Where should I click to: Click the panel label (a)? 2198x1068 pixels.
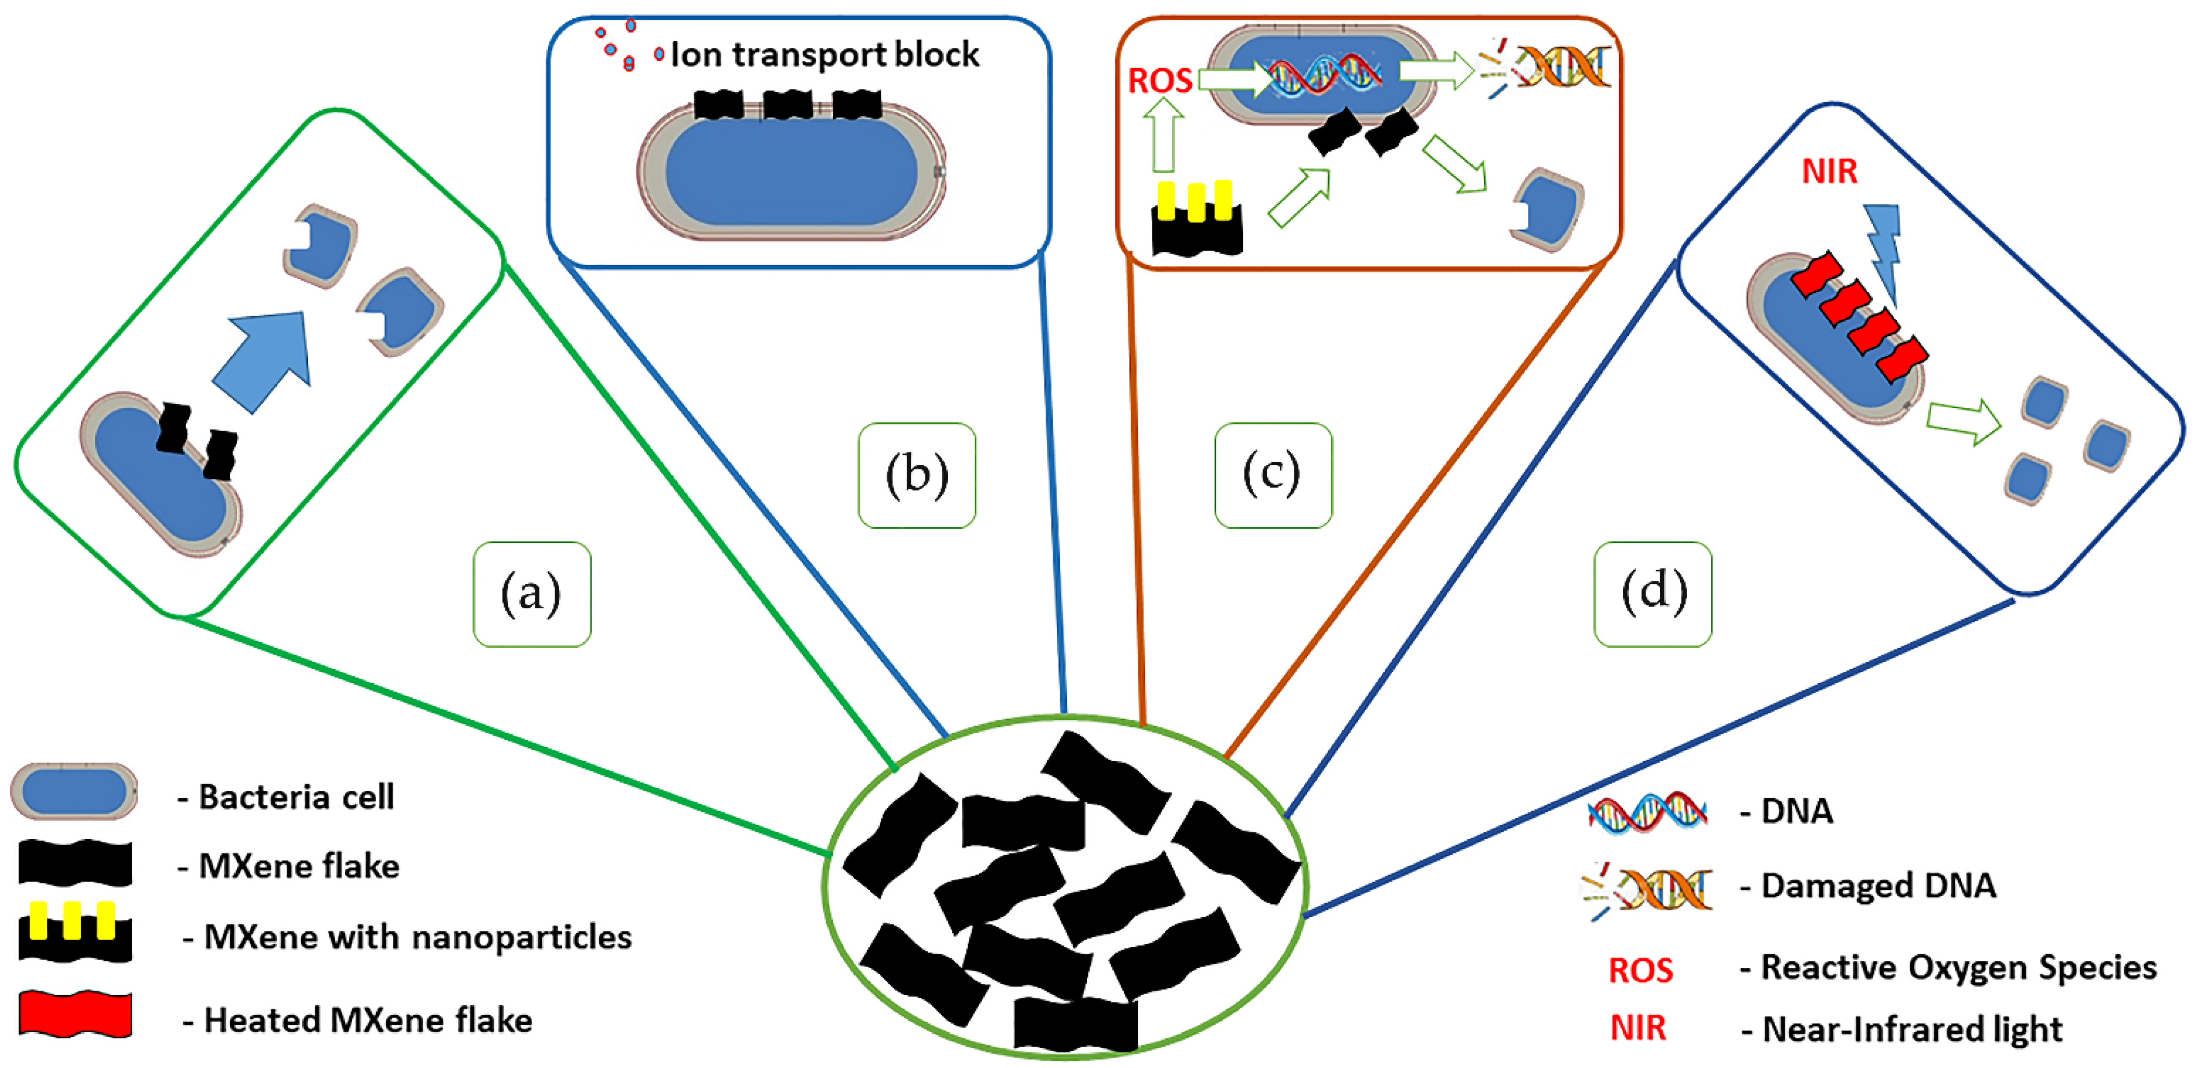[532, 594]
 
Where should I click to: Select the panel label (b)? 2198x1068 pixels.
[917, 475]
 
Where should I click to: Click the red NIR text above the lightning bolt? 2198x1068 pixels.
[1829, 172]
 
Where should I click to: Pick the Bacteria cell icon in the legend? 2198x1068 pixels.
[74, 791]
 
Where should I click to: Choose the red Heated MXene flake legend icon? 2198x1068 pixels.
[75, 1014]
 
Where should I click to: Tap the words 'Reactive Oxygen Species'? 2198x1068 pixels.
[1958, 967]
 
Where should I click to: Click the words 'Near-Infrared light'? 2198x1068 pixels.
[1911, 1029]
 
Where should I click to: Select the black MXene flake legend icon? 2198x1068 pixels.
[75, 863]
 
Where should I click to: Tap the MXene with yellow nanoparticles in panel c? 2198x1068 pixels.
[1196, 219]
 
